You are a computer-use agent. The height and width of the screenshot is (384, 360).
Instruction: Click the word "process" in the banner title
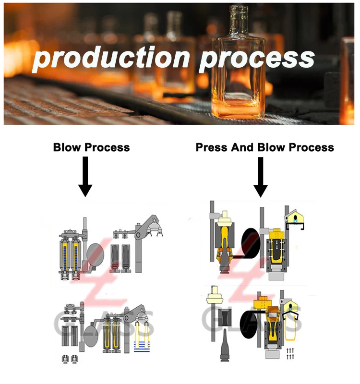click(x=257, y=59)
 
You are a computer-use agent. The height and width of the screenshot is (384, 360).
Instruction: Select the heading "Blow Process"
click(x=91, y=147)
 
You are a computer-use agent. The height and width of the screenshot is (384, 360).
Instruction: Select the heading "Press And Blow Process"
click(x=264, y=147)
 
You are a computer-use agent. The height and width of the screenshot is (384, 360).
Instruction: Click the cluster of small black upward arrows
click(x=289, y=354)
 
